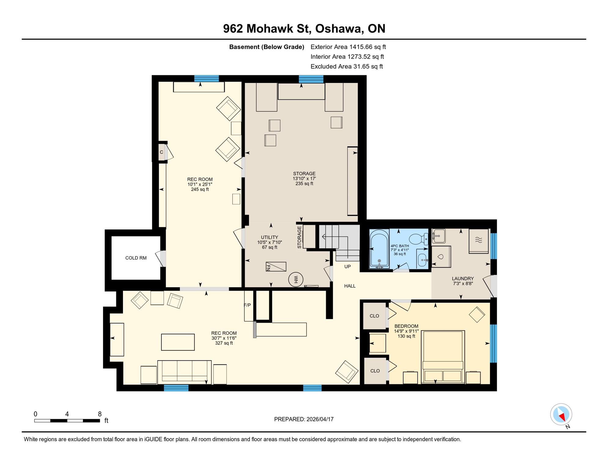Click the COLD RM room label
136,258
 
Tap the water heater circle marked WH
296,279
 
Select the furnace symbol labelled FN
276,267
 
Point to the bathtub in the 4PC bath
379,248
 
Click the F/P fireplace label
247,305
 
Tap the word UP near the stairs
347,267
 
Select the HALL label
350,286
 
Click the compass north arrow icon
561,415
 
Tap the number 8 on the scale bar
100,414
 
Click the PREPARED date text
304,419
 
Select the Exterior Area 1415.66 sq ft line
348,47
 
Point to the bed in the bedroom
443,356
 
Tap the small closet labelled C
161,152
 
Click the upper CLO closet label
374,316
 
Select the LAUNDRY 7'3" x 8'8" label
462,281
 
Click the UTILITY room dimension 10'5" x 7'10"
269,242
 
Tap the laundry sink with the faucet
439,236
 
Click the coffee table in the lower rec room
178,342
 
